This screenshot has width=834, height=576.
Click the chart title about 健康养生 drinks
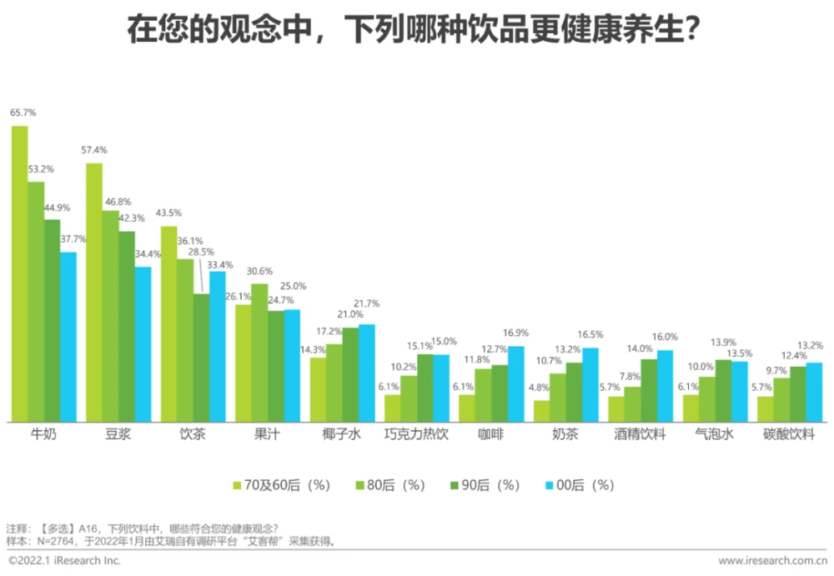414,31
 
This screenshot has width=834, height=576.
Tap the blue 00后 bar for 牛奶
68,337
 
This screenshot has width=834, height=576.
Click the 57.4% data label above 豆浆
94,150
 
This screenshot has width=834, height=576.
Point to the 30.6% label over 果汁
259,271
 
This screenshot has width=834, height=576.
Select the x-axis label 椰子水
342,434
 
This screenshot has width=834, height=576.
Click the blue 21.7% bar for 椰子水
366,373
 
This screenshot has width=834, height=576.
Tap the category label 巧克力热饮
416,434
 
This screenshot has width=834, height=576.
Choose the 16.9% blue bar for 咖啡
515,383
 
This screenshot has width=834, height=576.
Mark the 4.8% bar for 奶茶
541,411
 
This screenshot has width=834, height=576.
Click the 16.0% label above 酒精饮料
665,337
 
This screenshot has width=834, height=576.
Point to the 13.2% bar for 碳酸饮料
814,392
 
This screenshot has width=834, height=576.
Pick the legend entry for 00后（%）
579,485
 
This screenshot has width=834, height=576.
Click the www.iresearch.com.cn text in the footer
772,561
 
